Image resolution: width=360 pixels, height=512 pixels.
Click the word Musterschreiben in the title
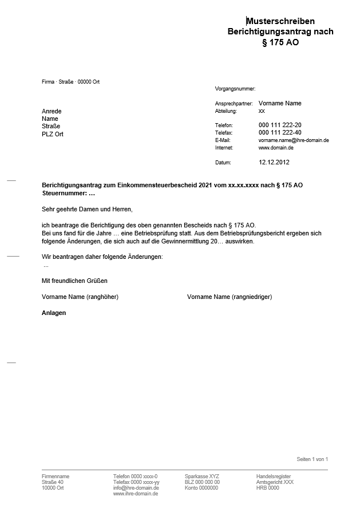point(280,21)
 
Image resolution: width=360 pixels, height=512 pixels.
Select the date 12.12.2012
point(274,163)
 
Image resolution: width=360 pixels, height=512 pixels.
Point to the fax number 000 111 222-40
point(280,133)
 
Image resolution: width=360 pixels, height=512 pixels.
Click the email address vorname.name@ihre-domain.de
point(294,140)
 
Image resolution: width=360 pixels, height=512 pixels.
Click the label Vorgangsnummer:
point(235,89)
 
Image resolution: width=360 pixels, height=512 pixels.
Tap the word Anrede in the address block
point(52,111)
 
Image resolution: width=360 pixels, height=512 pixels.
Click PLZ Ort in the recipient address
point(53,134)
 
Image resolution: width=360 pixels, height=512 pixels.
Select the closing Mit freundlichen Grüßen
point(74,281)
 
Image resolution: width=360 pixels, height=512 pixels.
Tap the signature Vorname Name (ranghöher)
point(80,297)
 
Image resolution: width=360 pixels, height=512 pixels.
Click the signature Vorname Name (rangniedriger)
point(230,297)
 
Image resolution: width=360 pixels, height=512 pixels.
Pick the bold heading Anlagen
point(54,313)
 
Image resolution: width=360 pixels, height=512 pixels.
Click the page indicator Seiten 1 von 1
point(312,459)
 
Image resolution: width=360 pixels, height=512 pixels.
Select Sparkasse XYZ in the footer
point(201,476)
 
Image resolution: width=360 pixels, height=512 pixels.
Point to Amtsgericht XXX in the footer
point(275,482)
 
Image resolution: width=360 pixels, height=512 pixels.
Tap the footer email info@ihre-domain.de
point(136,488)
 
